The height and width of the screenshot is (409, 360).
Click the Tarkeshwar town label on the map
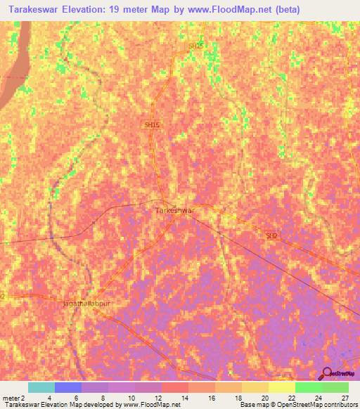(x=174, y=209)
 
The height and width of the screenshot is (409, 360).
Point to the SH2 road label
(x=271, y=236)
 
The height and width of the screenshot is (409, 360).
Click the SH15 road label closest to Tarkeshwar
(x=152, y=124)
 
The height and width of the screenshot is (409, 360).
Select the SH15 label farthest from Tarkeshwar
(x=195, y=46)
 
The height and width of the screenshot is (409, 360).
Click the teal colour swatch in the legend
(x=41, y=387)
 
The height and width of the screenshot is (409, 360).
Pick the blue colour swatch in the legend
(x=68, y=387)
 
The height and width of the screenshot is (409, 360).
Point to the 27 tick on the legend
(x=345, y=398)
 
